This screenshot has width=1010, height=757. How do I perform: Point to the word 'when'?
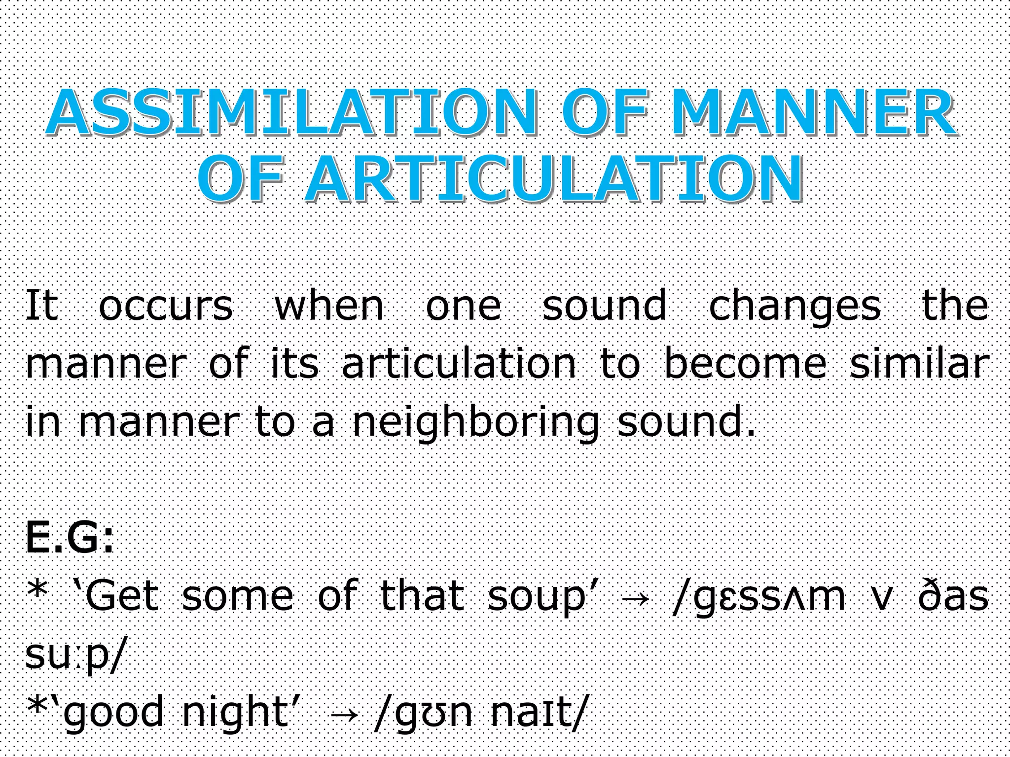(x=329, y=306)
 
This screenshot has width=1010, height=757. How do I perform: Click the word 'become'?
(x=745, y=364)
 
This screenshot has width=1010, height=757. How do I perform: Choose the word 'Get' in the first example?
(x=121, y=596)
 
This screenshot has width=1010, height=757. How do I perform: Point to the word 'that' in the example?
(x=422, y=596)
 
